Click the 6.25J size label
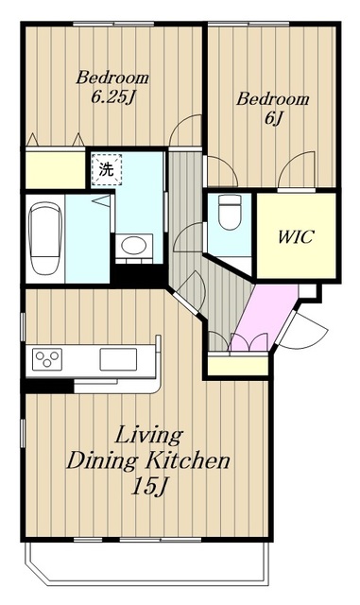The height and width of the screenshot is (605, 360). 112,97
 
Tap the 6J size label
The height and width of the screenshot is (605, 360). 273,118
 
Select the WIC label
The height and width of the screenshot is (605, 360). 296,236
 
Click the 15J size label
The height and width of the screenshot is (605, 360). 149,488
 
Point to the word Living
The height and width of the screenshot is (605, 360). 148,436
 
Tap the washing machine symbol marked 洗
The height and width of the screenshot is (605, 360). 106,169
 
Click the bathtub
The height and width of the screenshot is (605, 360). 46,239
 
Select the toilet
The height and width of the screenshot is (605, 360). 230,212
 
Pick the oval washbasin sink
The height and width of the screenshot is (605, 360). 134,245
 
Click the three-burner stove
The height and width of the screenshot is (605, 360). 47,359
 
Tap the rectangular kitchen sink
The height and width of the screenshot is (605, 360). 118,359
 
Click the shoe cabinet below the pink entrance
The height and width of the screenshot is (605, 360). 238,364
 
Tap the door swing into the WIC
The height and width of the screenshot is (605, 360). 297,170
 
